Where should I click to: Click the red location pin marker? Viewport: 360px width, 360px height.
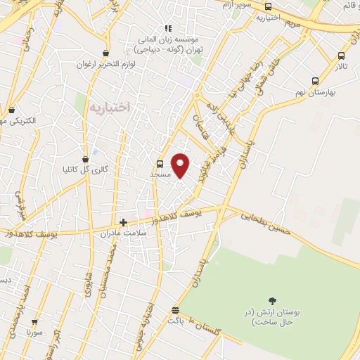coord(181,165)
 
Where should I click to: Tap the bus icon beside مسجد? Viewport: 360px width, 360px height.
coord(160,164)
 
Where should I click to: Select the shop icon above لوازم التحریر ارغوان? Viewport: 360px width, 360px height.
coord(105,53)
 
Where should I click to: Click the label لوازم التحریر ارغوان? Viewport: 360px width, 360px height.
coord(105,63)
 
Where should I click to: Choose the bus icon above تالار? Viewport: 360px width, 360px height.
coord(341,56)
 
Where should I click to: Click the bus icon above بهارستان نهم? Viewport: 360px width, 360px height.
coord(314,81)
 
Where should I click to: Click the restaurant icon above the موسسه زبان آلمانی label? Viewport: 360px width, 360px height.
coord(167,28)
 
